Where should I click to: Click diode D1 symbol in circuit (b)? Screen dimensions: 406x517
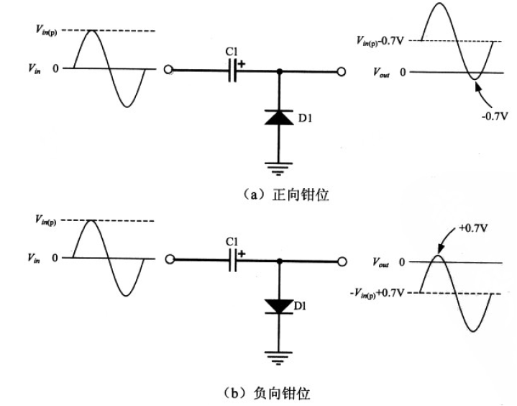click(x=279, y=305)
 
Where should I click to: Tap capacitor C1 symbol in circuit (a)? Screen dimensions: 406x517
click(x=233, y=71)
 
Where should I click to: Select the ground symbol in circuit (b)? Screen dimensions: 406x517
click(x=279, y=356)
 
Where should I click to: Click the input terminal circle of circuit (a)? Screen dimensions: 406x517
click(x=168, y=71)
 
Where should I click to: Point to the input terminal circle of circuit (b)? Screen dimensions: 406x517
click(x=168, y=260)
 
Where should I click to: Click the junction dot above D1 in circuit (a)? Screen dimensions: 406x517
click(x=279, y=71)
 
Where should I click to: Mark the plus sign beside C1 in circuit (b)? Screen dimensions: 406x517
click(x=242, y=253)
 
